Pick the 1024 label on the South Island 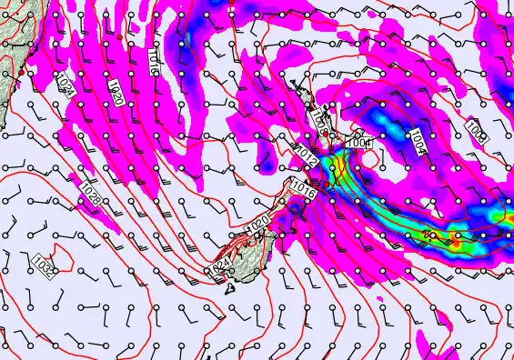pos(220,265)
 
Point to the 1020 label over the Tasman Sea pos(116,92)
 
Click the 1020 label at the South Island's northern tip pos(257,224)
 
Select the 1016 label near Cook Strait pos(303,190)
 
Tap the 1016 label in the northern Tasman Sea pos(155,60)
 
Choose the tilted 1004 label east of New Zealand pos(417,141)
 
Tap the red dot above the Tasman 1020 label pos(120,35)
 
